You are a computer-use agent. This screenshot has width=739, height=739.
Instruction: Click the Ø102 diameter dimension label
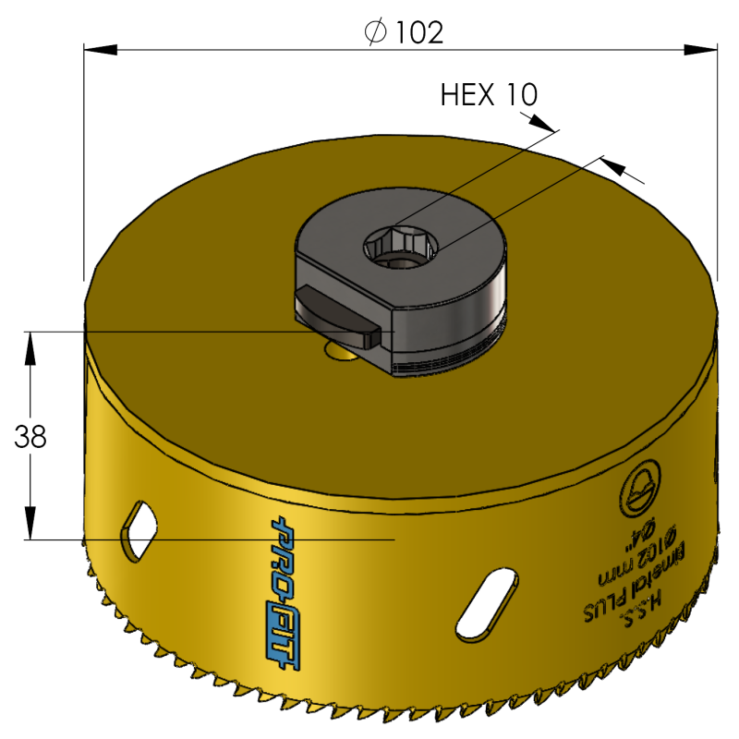click(x=404, y=33)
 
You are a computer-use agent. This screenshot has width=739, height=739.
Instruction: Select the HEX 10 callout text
click(x=490, y=94)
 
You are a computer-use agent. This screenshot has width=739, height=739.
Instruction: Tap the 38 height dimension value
click(x=31, y=436)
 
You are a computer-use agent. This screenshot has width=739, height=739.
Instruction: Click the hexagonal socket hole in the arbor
click(x=403, y=245)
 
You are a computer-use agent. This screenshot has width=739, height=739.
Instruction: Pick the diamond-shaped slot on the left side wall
click(x=139, y=528)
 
